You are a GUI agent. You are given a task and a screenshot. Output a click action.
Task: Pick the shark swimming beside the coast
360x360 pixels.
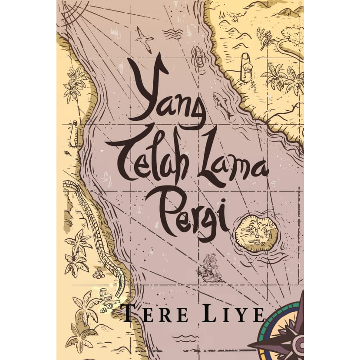tap(223, 104)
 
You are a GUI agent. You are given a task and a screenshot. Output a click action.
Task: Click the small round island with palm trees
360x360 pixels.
tap(256, 234)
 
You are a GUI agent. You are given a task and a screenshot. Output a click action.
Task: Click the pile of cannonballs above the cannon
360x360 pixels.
tap(99, 274)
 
